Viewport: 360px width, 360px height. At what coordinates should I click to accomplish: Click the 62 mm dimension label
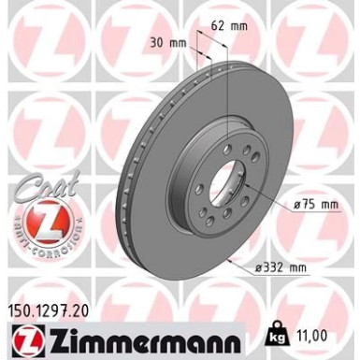[234, 26]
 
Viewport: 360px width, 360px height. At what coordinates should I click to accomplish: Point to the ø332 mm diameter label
[305, 268]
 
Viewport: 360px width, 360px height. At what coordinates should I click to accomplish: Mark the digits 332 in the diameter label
[301, 268]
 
